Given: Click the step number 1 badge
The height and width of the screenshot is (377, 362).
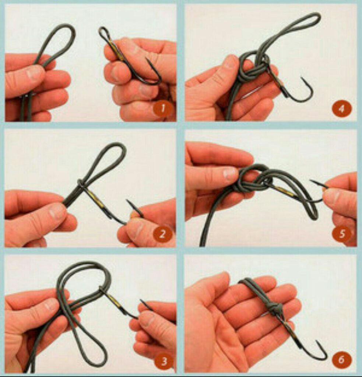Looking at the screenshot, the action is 163,109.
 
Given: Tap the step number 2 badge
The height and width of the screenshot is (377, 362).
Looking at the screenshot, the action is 163,234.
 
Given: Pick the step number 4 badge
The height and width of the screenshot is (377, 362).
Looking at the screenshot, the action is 341,109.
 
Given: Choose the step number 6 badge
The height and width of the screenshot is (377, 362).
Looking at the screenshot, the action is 341,360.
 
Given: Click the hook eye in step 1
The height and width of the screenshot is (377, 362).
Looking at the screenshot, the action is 104,34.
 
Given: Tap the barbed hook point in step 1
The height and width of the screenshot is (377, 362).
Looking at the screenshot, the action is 147,59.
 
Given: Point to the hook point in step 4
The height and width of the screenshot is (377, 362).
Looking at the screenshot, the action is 302,78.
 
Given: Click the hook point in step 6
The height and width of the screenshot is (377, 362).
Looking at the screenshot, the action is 317,341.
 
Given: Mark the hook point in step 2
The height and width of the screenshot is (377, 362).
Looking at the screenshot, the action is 128,201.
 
